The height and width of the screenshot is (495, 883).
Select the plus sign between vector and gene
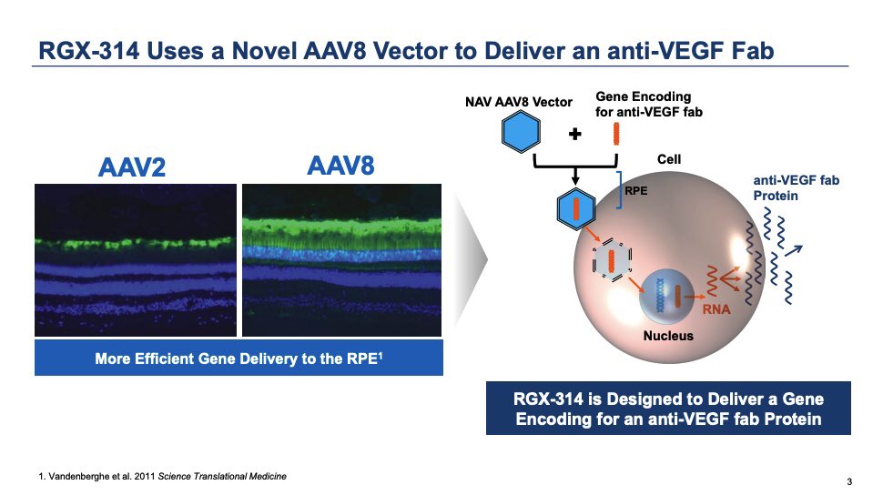[574, 135]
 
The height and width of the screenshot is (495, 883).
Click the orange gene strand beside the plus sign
[616, 133]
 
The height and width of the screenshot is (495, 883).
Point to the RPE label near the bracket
[635, 192]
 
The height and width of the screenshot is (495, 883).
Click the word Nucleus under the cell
[668, 336]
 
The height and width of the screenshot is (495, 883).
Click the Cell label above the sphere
[669, 159]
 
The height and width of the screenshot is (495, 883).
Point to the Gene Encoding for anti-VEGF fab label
[643, 104]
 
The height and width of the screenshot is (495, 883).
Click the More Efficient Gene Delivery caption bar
[238, 359]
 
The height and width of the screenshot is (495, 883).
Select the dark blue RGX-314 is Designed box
[668, 409]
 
